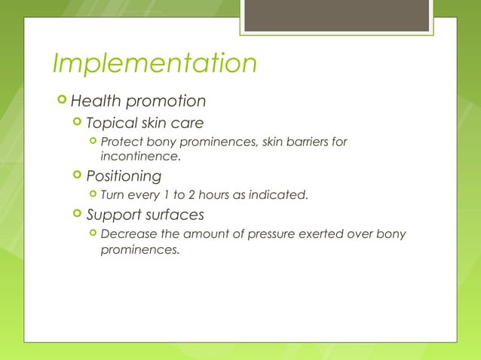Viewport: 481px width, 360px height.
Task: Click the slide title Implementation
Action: pyautogui.click(x=155, y=64)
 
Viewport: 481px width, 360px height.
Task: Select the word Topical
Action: pyautogui.click(x=111, y=123)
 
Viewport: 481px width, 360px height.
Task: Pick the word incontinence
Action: pyautogui.click(x=139, y=157)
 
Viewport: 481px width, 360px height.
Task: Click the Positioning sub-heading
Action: pyautogui.click(x=124, y=176)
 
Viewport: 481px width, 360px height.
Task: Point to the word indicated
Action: pyautogui.click(x=277, y=196)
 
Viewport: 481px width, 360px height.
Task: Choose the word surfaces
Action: pyautogui.click(x=175, y=215)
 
